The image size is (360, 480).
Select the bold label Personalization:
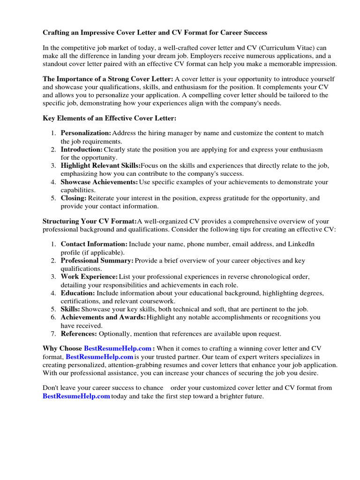(86, 133)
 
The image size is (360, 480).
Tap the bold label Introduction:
(82, 150)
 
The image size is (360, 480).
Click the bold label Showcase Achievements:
(99, 182)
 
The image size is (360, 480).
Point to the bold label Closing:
(74, 198)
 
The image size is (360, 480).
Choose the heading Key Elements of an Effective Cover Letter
(110, 119)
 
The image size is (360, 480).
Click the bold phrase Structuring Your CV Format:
(89, 221)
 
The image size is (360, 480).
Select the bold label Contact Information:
(94, 244)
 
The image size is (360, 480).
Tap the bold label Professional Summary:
(97, 261)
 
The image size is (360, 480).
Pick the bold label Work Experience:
(89, 277)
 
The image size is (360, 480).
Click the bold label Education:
(78, 293)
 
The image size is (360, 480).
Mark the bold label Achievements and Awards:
(103, 317)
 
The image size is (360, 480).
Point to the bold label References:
(79, 334)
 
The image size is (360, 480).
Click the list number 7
(53, 334)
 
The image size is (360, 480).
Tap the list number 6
(53, 317)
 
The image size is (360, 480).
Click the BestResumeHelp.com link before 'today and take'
(76, 396)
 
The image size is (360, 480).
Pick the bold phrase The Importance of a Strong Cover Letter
(108, 79)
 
